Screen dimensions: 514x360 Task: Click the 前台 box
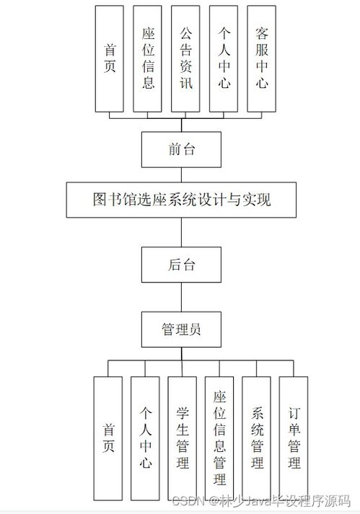(181, 149)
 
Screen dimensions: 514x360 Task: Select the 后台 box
(181, 264)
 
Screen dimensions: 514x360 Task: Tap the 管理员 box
(181, 329)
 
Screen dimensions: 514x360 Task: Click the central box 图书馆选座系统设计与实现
(181, 199)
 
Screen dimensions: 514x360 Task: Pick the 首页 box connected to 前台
(110, 58)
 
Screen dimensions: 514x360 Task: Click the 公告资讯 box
(186, 58)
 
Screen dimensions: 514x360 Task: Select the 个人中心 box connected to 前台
(224, 58)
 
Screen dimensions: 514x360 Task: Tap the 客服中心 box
(261, 58)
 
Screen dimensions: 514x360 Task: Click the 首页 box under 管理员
(108, 437)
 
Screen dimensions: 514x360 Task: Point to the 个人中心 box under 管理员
(145, 437)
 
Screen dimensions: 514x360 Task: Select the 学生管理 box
(183, 437)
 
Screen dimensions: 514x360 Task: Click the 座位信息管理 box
(219, 437)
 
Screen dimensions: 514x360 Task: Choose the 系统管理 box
(257, 437)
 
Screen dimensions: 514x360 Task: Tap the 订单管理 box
(294, 437)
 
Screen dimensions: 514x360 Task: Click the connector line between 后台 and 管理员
(181, 296)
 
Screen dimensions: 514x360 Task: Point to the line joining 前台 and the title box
(181, 174)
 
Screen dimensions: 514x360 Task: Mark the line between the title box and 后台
(181, 232)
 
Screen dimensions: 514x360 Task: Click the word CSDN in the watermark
(187, 500)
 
